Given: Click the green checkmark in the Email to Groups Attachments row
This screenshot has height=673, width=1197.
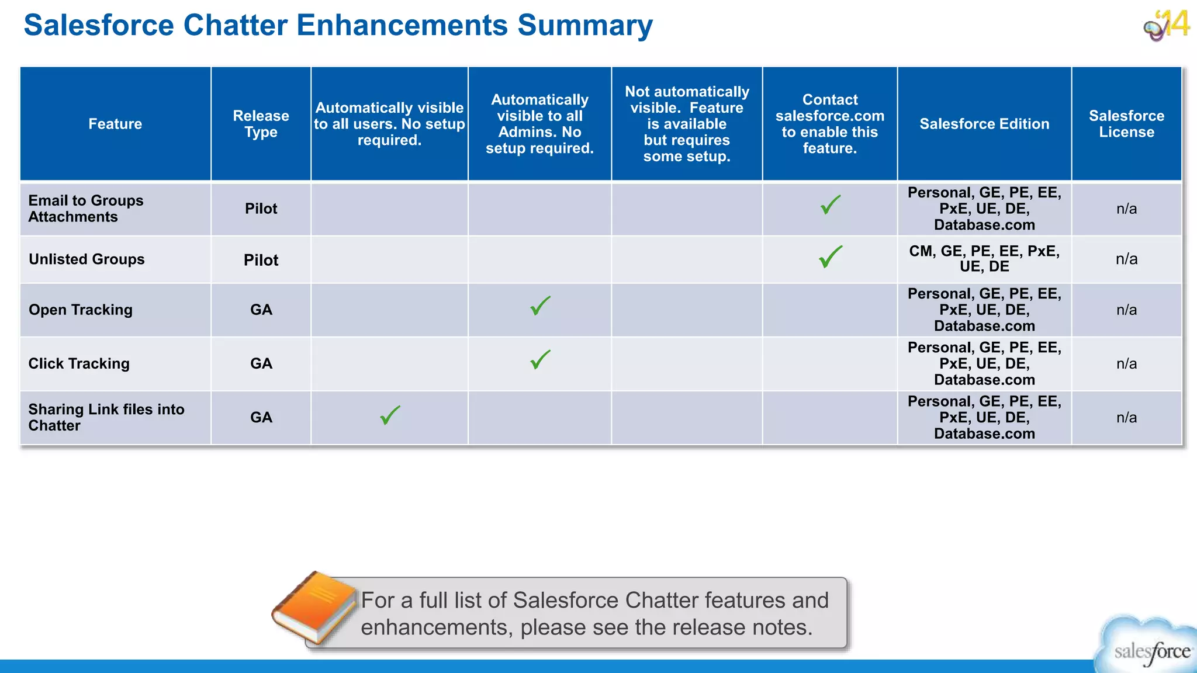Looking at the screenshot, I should pyautogui.click(x=830, y=205).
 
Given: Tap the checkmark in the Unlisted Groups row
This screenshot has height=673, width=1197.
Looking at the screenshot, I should pyautogui.click(x=830, y=256).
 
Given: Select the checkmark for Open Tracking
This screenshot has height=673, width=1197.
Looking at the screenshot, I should pyautogui.click(x=540, y=306).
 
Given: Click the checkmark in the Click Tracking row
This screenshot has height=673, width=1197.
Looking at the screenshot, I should pyautogui.click(x=540, y=359).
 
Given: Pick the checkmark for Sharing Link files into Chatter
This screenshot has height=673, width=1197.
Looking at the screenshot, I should pyautogui.click(x=390, y=415).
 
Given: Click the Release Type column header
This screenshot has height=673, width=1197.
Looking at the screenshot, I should pyautogui.click(x=261, y=124).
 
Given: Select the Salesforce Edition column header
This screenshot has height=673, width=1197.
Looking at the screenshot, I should pyautogui.click(x=984, y=124).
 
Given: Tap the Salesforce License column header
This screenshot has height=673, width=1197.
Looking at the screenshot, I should pyautogui.click(x=1126, y=124).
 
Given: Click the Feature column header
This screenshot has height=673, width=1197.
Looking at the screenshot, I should pyautogui.click(x=115, y=124).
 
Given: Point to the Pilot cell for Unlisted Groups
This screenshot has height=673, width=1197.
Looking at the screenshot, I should pyautogui.click(x=261, y=260).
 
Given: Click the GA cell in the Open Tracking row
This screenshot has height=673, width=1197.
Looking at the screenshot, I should pyautogui.click(x=261, y=310).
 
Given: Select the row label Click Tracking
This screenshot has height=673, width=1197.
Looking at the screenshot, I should pyautogui.click(x=79, y=363).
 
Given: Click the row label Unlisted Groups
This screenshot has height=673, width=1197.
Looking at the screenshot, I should pyautogui.click(x=87, y=259).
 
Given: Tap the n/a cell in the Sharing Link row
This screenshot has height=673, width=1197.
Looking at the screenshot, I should pyautogui.click(x=1126, y=417).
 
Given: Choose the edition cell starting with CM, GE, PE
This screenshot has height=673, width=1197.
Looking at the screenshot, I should pyautogui.click(x=984, y=259).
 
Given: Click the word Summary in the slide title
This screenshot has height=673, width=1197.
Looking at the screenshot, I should pyautogui.click(x=584, y=26).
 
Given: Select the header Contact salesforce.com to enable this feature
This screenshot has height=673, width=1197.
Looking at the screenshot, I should pyautogui.click(x=830, y=124).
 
